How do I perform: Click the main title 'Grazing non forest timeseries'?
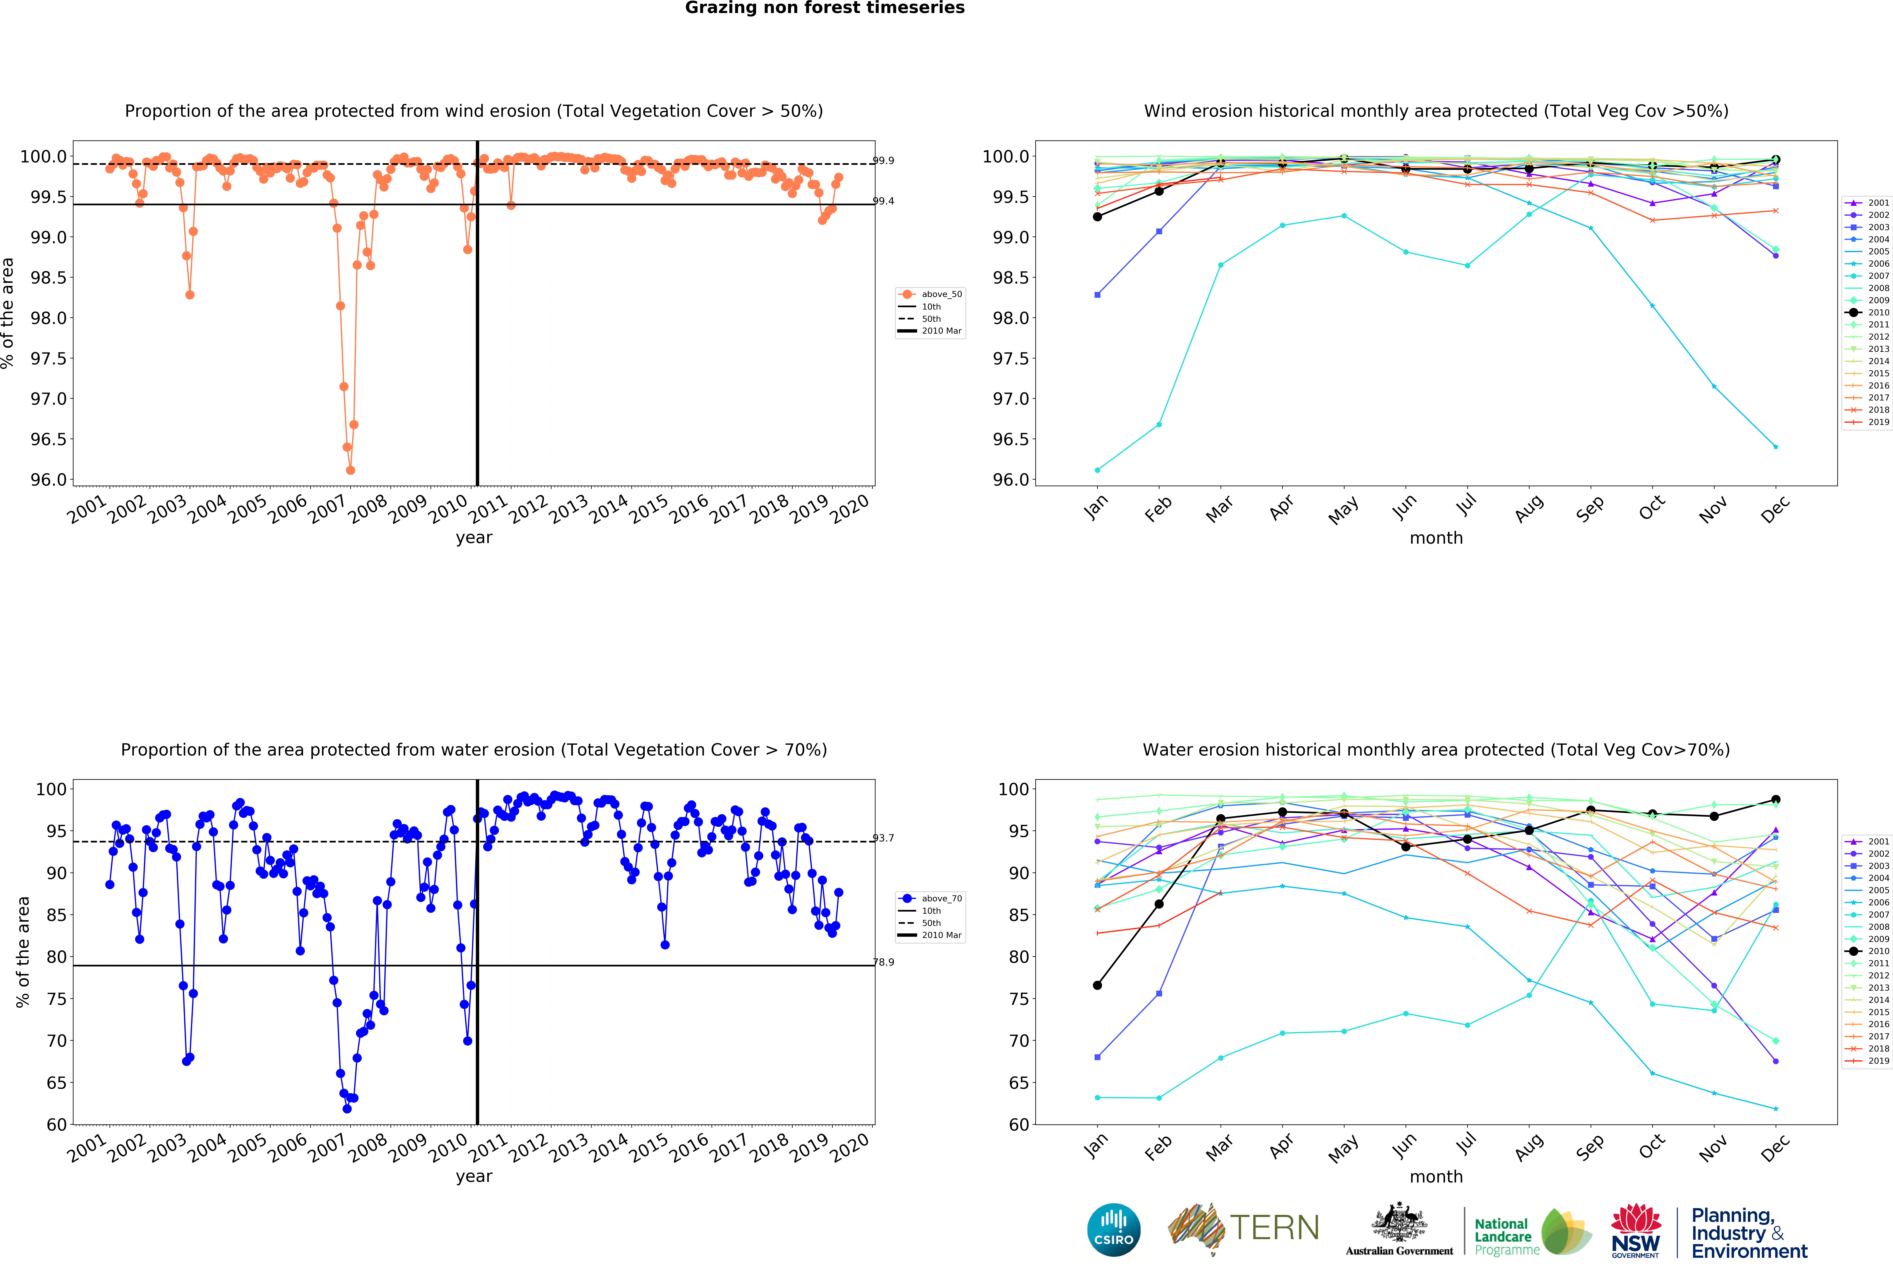tap(824, 8)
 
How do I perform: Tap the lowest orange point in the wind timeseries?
tap(350, 470)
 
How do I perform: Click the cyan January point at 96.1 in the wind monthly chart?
tap(1097, 470)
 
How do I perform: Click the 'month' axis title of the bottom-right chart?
tap(1436, 1176)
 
